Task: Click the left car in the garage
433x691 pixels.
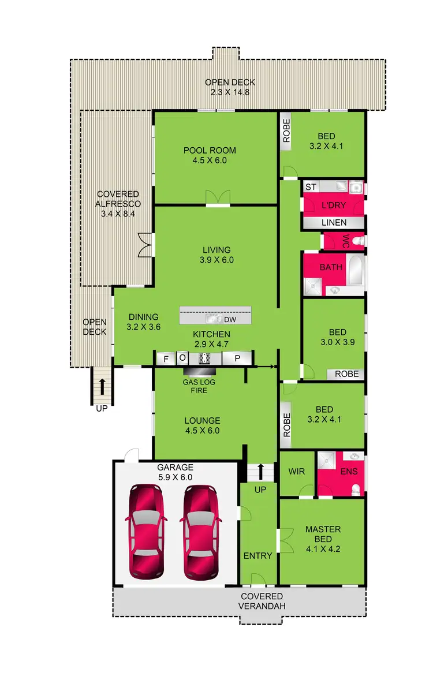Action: [147, 531]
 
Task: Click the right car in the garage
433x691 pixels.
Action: [200, 531]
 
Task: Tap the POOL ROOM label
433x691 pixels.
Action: [210, 155]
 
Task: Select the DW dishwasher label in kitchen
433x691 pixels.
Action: [229, 319]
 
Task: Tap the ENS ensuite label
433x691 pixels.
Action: [349, 471]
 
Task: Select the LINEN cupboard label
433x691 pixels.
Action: [334, 222]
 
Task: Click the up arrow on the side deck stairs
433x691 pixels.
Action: [102, 386]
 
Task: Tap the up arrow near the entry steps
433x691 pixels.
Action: [260, 469]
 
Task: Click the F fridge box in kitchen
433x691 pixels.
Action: [166, 358]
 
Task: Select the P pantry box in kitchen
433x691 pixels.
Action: [237, 358]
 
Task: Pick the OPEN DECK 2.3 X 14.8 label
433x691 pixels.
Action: [230, 87]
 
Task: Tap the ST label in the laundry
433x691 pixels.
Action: [311, 186]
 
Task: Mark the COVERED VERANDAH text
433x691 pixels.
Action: [262, 600]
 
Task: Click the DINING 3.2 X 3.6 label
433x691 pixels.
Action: [143, 322]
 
